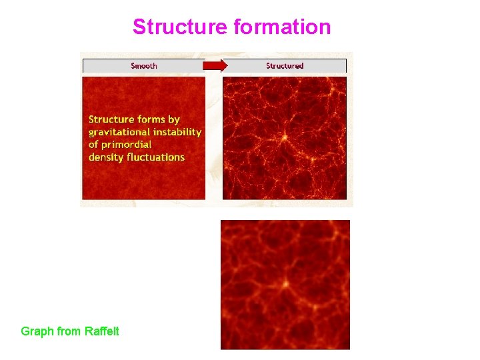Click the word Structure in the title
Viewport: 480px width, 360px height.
tap(180, 27)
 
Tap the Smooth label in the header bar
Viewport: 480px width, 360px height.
tap(144, 65)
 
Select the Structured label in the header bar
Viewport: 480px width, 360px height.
tap(285, 65)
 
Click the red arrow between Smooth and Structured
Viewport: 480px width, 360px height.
tap(215, 65)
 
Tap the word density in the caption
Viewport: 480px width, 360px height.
tap(106, 157)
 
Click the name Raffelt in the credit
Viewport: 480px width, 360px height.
tap(101, 331)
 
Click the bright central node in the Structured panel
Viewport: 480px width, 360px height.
tap(284, 137)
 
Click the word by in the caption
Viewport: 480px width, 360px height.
tap(174, 119)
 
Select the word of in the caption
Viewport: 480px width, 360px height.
tap(94, 145)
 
